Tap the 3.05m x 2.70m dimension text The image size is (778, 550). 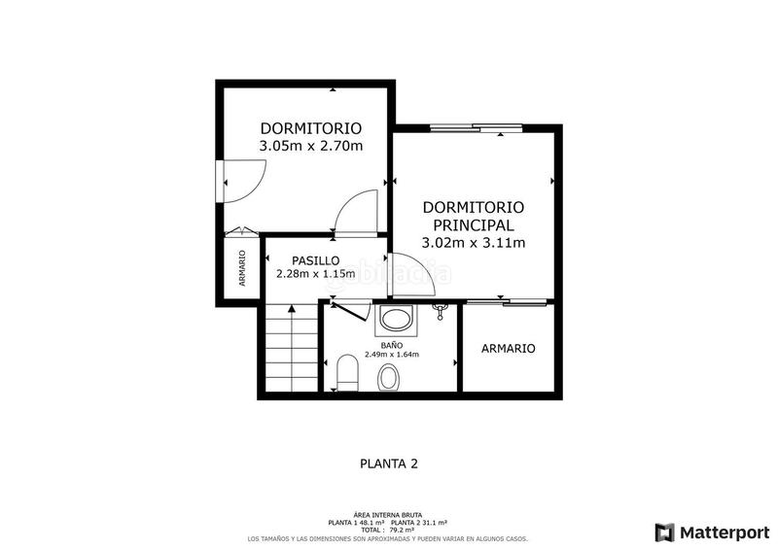point(310,147)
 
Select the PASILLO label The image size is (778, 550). point(316,260)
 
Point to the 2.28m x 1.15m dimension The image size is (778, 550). point(315,274)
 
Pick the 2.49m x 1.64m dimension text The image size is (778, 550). point(391,355)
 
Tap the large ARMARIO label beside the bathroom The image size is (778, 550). point(508,349)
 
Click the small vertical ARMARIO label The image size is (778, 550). point(242,269)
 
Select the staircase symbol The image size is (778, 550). point(291,349)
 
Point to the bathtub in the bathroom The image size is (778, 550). point(395,320)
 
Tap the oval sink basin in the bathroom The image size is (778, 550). point(389,377)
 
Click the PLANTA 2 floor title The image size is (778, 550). point(388,464)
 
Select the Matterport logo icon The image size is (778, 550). point(665,532)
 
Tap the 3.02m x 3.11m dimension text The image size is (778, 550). point(474,243)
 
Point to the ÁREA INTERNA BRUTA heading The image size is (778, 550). point(388,515)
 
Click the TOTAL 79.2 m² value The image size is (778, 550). point(388,531)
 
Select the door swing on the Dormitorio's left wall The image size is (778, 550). point(242,179)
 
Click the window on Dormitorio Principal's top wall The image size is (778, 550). point(475,126)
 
